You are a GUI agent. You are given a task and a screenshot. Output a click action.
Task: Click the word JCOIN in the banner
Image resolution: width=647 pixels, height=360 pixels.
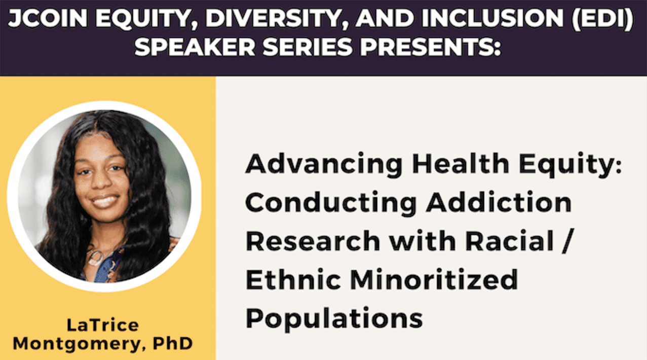click(x=48, y=18)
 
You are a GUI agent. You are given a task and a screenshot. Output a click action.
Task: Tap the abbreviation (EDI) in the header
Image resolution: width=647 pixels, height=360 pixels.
click(x=603, y=18)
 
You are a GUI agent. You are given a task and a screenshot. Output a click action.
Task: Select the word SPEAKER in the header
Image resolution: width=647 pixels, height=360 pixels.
click(x=195, y=47)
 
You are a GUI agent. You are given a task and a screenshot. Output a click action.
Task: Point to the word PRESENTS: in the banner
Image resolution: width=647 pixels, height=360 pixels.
click(x=430, y=47)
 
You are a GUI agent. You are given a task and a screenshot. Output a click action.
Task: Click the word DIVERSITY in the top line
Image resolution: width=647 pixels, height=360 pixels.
click(x=274, y=18)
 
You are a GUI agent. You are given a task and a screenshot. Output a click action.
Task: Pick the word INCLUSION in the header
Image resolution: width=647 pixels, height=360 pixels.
click(x=492, y=18)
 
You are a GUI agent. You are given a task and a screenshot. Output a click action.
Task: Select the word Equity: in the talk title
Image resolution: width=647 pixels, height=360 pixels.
click(x=570, y=165)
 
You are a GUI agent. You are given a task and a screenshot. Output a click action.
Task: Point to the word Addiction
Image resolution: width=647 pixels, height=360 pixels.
click(x=499, y=202)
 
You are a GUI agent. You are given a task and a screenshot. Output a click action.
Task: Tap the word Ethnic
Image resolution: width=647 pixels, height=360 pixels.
click(x=293, y=279)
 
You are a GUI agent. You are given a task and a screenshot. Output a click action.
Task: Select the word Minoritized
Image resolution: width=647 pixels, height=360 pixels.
click(x=434, y=279)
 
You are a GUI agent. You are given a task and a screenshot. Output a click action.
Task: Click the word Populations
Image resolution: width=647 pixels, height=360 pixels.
click(x=334, y=319)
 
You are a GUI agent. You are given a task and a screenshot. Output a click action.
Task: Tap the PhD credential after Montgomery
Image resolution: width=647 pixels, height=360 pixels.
click(x=172, y=343)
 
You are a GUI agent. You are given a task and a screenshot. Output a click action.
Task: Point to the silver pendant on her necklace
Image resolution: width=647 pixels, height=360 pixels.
click(x=96, y=258)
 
